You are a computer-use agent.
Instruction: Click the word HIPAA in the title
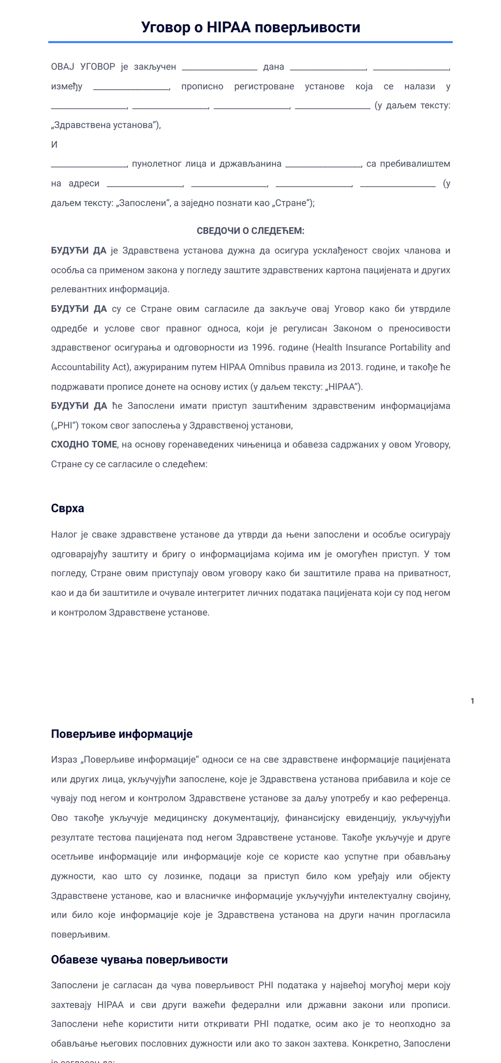click(x=228, y=27)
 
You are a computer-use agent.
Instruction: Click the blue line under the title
click(x=250, y=42)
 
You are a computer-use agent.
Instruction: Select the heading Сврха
click(x=67, y=508)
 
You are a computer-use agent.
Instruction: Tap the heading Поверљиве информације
click(x=121, y=733)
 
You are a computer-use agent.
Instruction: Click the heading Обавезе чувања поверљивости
click(x=139, y=959)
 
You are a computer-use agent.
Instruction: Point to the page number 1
click(x=472, y=701)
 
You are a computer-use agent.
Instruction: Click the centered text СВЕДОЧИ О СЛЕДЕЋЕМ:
click(x=250, y=231)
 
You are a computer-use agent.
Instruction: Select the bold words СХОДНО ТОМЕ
click(x=84, y=444)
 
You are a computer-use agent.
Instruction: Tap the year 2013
click(x=350, y=367)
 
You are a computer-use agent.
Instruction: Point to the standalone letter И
click(x=54, y=144)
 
